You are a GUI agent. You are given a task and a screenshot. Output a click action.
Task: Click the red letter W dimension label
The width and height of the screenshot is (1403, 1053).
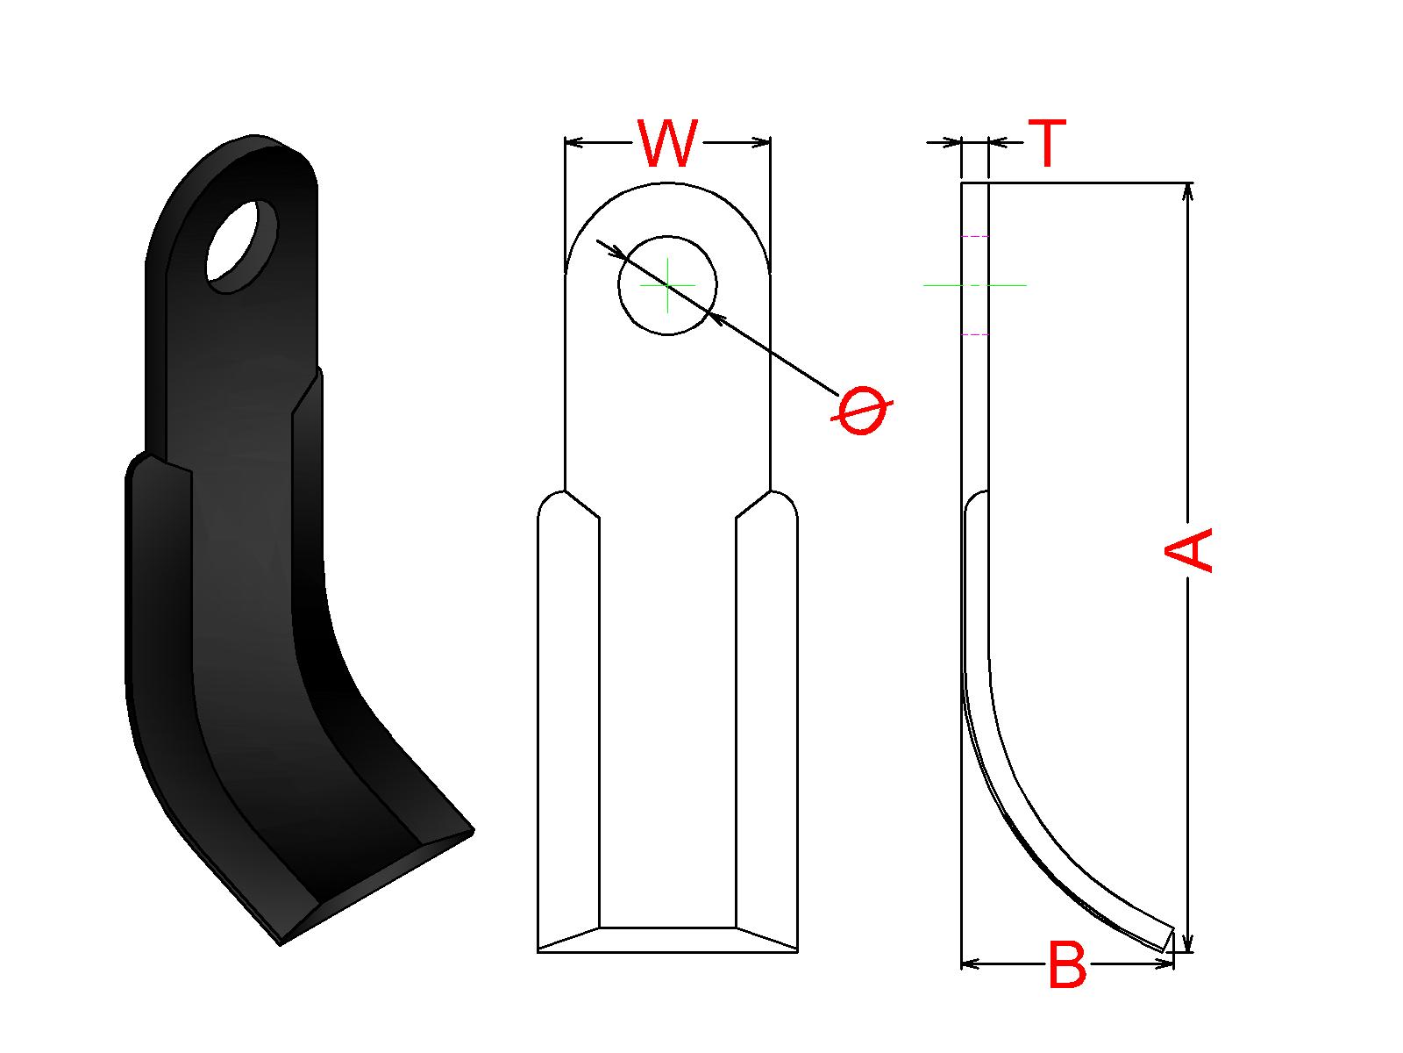tap(667, 144)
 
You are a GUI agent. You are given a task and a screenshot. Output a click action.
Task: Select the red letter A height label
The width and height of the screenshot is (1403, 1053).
tap(1188, 550)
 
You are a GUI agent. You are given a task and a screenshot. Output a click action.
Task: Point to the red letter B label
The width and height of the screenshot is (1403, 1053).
tap(1067, 965)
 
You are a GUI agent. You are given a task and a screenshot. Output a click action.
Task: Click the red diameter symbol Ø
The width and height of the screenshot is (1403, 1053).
tap(862, 410)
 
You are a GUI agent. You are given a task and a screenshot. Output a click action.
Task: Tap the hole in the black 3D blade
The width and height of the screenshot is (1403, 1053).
tap(242, 247)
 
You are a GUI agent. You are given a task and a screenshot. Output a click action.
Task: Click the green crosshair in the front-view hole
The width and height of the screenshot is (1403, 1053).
tap(667, 285)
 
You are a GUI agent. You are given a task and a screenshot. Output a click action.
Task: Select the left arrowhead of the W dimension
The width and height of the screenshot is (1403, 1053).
tap(574, 142)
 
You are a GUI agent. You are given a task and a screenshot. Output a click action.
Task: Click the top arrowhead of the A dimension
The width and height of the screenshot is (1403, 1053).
tap(1187, 192)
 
